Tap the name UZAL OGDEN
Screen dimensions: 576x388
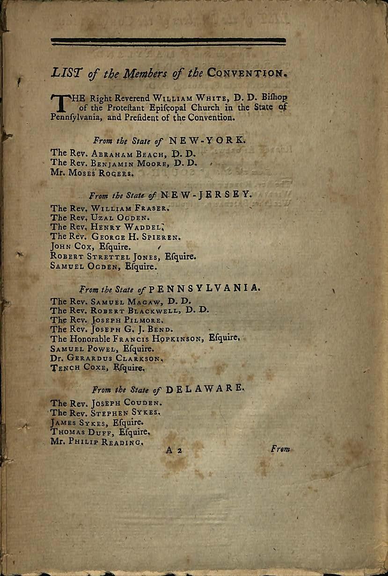pyautogui.click(x=122, y=218)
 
